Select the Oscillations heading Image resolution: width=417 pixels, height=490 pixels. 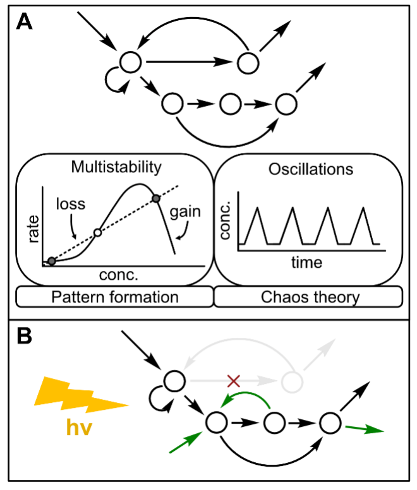coord(310,170)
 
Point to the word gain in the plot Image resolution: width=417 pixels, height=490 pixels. coord(186,211)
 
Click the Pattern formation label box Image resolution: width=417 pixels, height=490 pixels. coord(115,296)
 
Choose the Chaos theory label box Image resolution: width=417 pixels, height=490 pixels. coord(308,296)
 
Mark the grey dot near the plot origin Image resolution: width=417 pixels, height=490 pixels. coord(52,261)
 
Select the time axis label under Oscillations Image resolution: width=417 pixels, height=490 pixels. coord(306,261)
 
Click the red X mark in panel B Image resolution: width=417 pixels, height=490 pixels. coord(234,380)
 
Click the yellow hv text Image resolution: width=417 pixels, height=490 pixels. coord(79,429)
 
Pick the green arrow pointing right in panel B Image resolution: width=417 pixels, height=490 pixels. coord(365,429)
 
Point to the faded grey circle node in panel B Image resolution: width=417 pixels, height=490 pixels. coord(291,381)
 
